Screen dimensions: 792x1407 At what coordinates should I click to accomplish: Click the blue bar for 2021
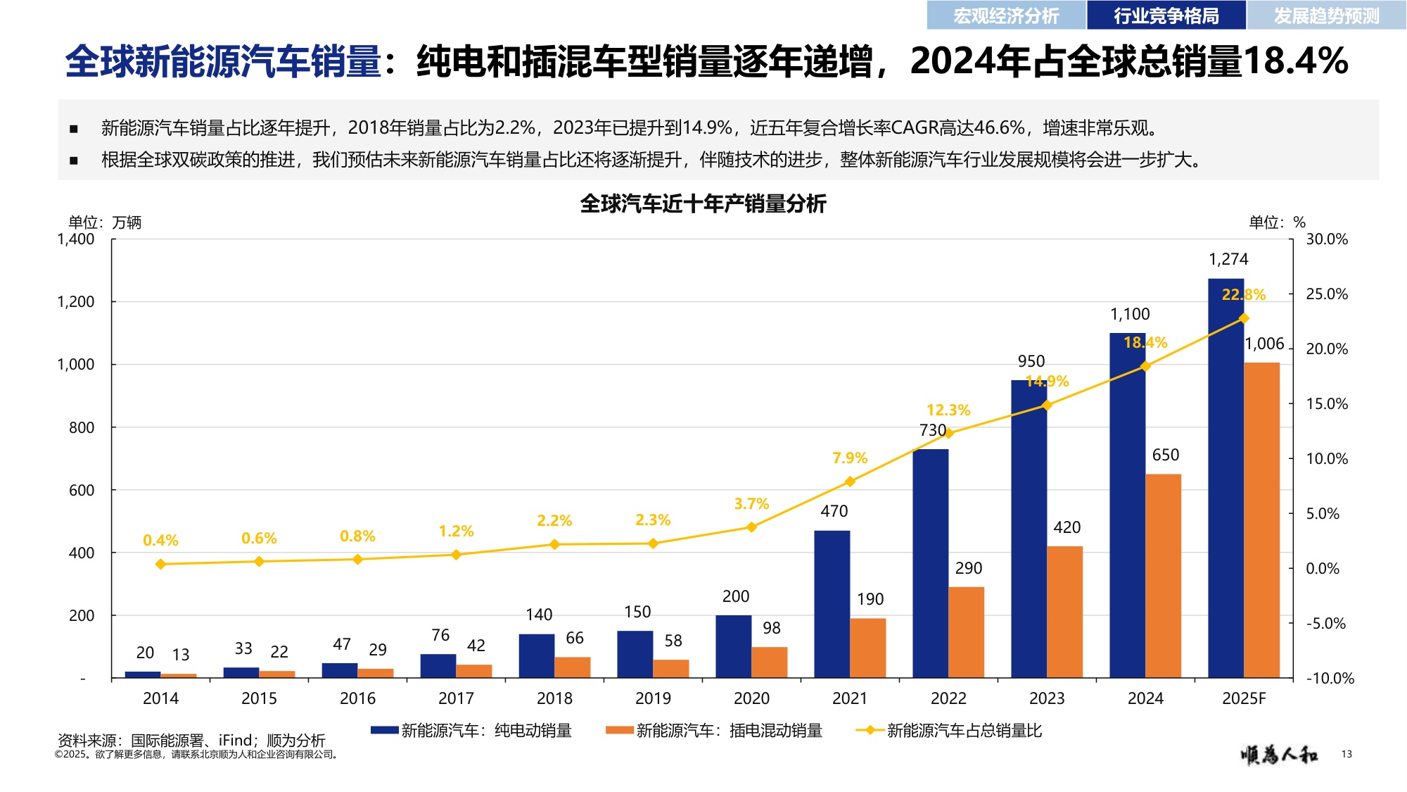click(x=832, y=604)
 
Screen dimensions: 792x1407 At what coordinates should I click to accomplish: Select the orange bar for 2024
click(x=1163, y=576)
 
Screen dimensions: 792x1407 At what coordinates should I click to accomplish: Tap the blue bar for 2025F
click(x=1225, y=479)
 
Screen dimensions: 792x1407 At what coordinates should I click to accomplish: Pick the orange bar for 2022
click(x=966, y=632)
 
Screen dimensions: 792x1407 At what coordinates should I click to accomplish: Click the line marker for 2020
click(x=751, y=527)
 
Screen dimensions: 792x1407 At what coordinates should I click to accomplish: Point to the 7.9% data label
click(x=850, y=458)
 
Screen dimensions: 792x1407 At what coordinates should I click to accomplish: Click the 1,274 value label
click(x=1228, y=259)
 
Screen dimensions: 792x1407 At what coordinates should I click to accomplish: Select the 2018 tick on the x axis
click(x=554, y=698)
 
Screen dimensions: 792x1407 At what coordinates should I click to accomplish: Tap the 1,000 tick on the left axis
click(x=75, y=365)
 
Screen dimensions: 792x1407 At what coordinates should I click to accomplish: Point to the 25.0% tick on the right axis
click(x=1327, y=294)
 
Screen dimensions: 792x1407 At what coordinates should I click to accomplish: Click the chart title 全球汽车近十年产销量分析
click(x=703, y=204)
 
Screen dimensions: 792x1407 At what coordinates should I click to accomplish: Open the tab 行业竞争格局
click(x=1166, y=15)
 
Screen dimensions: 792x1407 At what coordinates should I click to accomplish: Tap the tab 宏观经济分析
click(x=1006, y=15)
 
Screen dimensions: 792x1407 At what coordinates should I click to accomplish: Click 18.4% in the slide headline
click(x=1295, y=61)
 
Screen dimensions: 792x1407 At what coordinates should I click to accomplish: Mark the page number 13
click(x=1346, y=754)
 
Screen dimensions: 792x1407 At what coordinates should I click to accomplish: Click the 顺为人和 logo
click(x=1279, y=755)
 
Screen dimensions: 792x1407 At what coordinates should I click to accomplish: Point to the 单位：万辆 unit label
click(x=105, y=222)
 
